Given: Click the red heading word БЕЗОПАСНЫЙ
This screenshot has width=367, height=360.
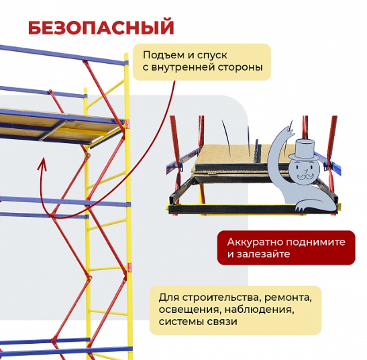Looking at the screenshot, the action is click(x=101, y=28).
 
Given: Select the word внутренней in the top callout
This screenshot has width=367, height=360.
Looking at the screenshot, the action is click(x=183, y=67).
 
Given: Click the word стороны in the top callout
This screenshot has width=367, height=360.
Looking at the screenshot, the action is click(x=240, y=67).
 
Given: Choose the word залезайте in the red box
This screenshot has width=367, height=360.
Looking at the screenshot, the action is click(x=263, y=254).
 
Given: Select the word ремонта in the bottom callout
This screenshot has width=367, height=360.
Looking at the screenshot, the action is click(x=288, y=298).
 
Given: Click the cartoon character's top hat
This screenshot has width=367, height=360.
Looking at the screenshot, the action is click(x=304, y=149).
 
